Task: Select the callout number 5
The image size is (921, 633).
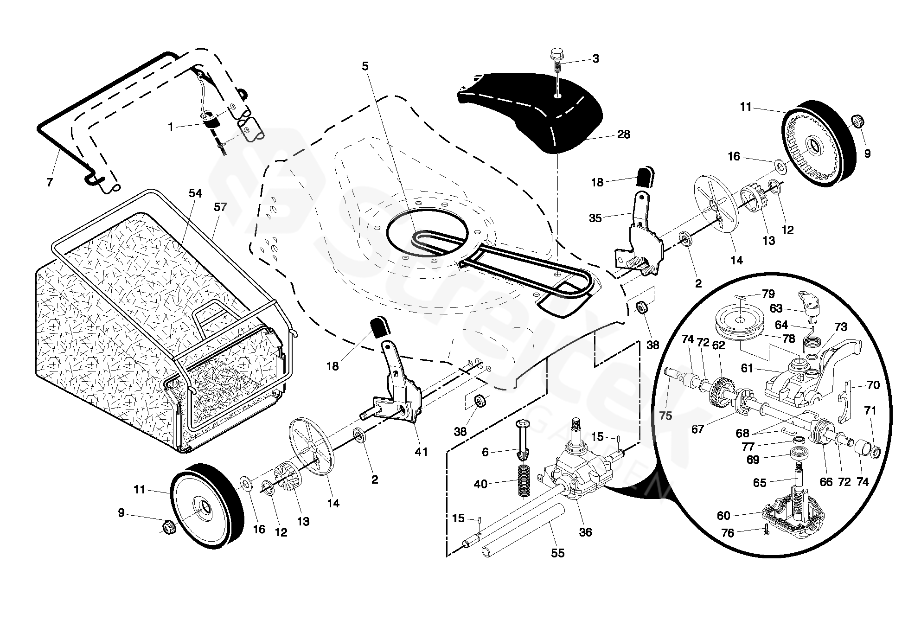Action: pos(365,66)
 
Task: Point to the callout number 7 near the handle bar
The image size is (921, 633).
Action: pos(50,182)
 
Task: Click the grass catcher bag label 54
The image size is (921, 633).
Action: pos(195,193)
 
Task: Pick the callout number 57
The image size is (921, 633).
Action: pos(220,207)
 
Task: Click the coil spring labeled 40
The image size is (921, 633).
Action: pos(523,485)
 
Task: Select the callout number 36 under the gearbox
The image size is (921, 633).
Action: pos(586,532)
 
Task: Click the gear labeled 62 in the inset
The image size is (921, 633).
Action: pos(719,383)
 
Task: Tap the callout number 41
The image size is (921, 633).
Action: pos(421,451)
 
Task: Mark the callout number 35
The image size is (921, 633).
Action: pos(595,217)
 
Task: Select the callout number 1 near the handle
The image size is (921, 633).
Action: pos(171,127)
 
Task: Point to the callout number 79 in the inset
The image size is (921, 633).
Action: pos(768,294)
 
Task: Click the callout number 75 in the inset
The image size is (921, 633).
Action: pos(665,416)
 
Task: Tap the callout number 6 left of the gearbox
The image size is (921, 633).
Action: pos(486,452)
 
